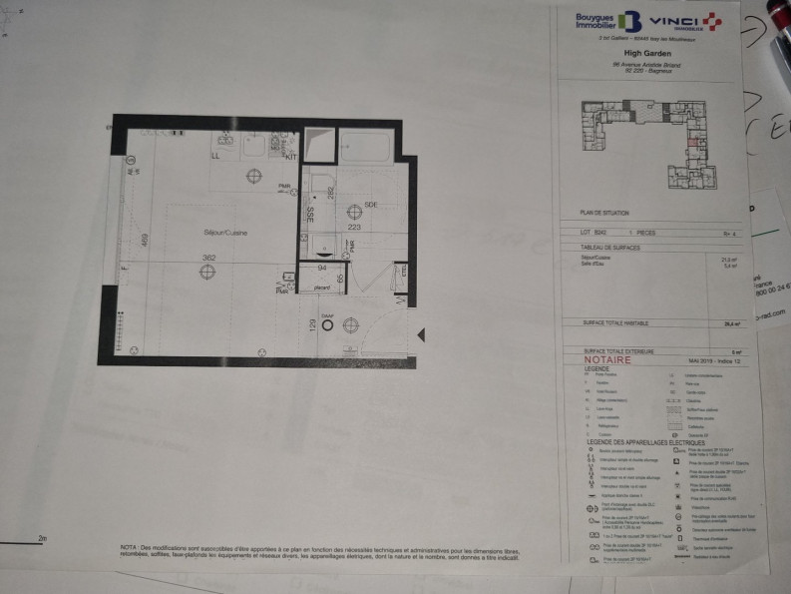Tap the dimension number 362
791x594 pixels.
pos(208,258)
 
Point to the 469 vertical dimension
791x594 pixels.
pos(145,241)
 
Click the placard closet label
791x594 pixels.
pos(322,288)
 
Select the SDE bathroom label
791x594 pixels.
pos(370,205)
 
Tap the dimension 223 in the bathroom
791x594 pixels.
pos(354,227)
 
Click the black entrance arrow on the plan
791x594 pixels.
pos(422,334)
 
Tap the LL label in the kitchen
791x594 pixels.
pos(215,157)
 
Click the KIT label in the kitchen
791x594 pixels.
pos(291,157)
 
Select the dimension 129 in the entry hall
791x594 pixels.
pos(312,324)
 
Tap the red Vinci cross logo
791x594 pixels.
pos(712,21)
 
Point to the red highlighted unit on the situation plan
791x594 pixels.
pos(692,141)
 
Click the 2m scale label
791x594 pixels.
pos(42,538)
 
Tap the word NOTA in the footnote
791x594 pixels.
pos(128,548)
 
